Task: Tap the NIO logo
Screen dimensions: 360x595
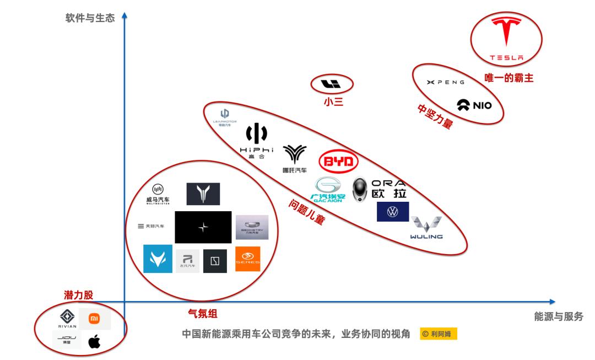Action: (474, 105)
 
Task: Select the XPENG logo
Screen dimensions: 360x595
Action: (446, 82)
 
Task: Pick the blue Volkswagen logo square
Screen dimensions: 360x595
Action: (393, 212)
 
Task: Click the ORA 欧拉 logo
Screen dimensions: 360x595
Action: (378, 189)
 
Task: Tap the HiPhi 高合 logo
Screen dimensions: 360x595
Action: (256, 142)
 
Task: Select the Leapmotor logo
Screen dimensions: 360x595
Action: (224, 117)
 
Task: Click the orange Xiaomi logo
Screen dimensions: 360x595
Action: (95, 319)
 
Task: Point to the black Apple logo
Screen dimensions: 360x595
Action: (95, 342)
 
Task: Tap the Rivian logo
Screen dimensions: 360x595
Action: (67, 319)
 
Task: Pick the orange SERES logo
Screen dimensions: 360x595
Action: (247, 259)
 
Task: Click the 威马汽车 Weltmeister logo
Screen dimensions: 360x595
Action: (158, 194)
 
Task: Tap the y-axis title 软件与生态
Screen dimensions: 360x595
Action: (90, 18)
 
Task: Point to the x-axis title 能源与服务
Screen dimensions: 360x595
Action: (558, 316)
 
